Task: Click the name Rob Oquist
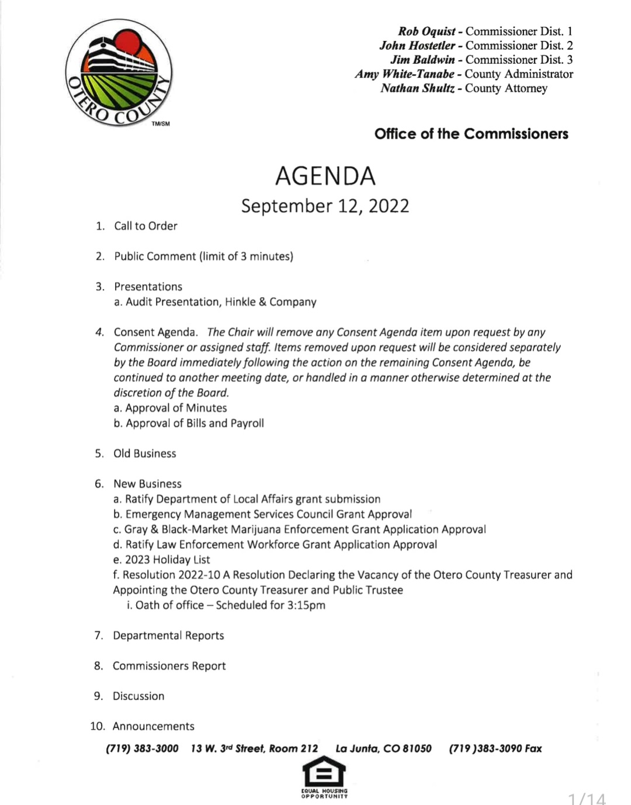[427, 32]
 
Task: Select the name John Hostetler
[417, 46]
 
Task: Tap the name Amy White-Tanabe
[404, 74]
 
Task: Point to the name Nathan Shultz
[417, 88]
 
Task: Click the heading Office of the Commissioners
[471, 134]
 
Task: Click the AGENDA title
[325, 176]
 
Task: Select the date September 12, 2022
[325, 206]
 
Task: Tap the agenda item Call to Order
[145, 226]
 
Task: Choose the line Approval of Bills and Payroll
[195, 423]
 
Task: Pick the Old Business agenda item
[144, 454]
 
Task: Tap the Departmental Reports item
[168, 636]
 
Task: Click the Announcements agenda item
[153, 727]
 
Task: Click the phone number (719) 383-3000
[142, 749]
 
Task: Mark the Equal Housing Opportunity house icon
[324, 775]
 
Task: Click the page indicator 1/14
[587, 798]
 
